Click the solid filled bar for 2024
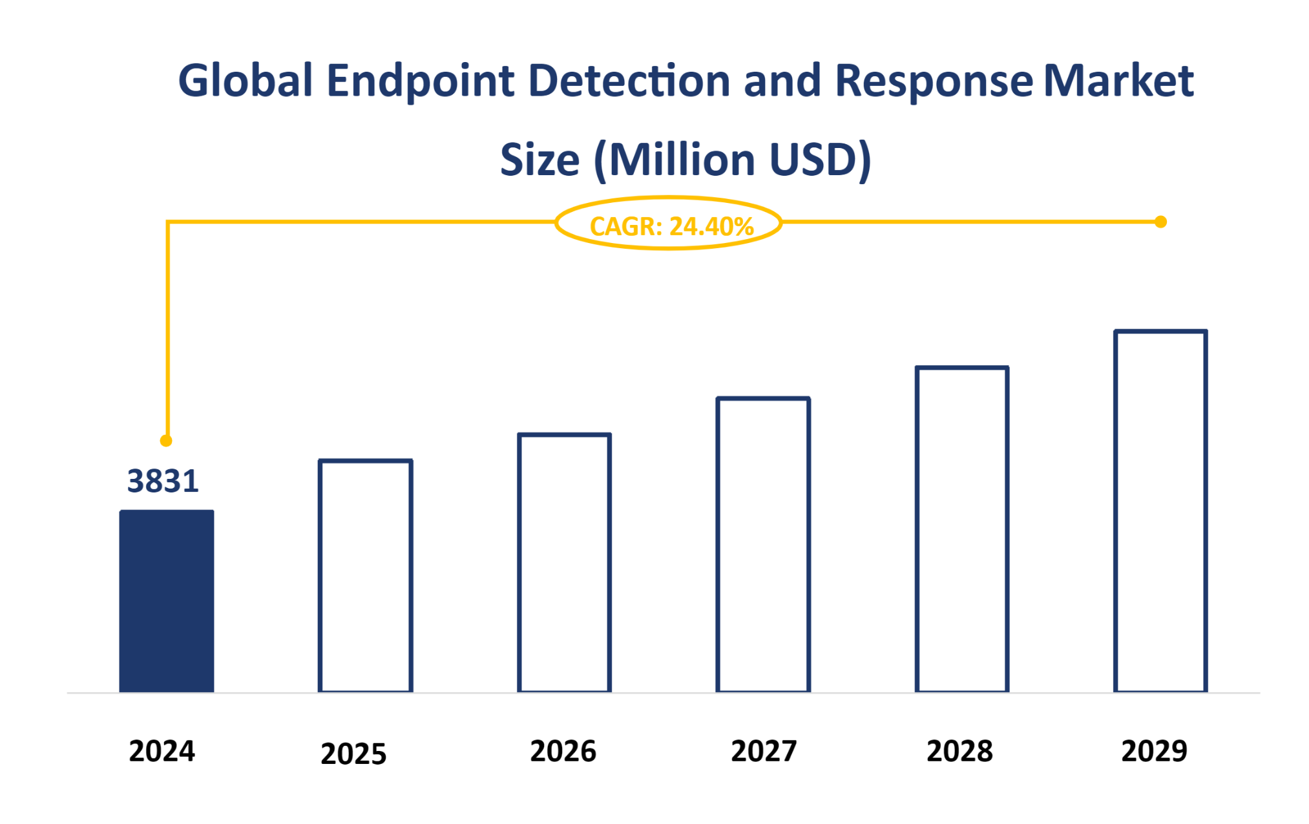167,601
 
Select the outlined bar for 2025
365,576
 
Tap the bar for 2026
564,563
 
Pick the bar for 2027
763,545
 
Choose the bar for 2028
961,529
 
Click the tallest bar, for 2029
1160,511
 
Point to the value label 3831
163,481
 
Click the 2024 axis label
162,751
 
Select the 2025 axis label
353,754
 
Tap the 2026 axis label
563,751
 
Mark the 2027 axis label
764,751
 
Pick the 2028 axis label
959,751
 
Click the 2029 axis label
1154,751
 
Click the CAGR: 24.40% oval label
669,224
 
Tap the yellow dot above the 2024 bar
166,441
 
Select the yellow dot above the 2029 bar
1160,222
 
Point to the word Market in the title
1118,81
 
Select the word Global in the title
246,81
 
